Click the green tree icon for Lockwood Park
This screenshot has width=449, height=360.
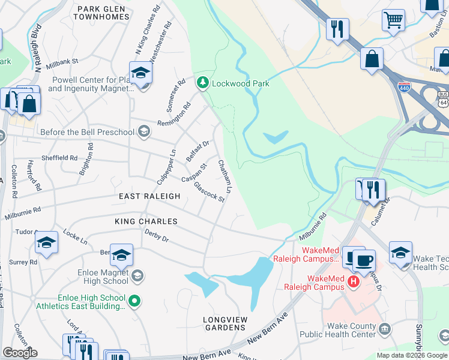click(203, 83)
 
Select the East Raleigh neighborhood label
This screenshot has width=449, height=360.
click(149, 196)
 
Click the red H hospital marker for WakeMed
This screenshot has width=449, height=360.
click(354, 281)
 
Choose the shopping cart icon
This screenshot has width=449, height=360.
click(393, 19)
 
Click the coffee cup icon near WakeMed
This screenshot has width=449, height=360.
click(363, 260)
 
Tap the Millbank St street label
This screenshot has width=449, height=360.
click(62, 61)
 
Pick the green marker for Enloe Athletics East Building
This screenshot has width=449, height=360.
click(135, 301)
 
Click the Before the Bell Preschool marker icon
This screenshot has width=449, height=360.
click(143, 131)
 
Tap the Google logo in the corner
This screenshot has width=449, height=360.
click(20, 353)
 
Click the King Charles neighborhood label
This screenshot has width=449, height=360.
click(146, 221)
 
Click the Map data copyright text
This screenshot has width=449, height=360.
click(412, 355)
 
